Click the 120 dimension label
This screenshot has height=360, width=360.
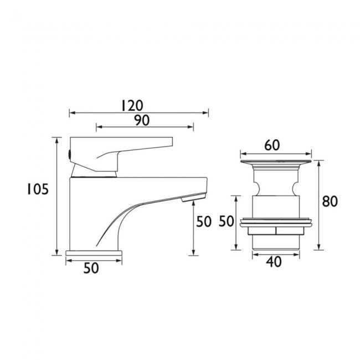(132, 105)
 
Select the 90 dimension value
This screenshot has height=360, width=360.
(141, 120)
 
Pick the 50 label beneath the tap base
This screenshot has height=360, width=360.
(91, 269)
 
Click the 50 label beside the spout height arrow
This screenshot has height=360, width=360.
(204, 222)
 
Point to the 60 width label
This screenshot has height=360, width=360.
(272, 145)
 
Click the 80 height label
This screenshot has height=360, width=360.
(330, 202)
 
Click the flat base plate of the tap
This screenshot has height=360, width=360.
(94, 253)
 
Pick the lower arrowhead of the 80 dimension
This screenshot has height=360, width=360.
(319, 248)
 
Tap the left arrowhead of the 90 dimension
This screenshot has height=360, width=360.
(99, 128)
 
